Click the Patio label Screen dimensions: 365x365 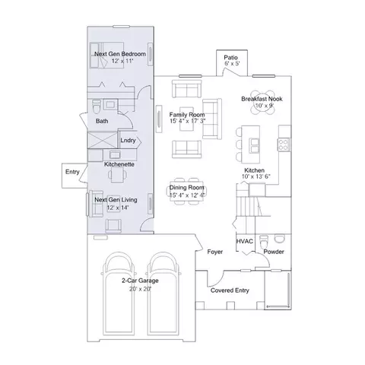click(x=230, y=57)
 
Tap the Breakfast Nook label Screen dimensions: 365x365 click(x=262, y=99)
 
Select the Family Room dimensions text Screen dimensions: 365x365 click(x=188, y=121)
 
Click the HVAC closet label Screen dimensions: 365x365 click(x=245, y=241)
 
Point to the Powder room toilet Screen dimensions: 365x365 click(x=264, y=242)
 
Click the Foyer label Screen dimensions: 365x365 click(x=215, y=252)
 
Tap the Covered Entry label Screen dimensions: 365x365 click(x=230, y=290)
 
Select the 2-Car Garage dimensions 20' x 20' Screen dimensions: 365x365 click(x=140, y=289)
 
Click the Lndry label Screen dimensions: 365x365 click(x=128, y=140)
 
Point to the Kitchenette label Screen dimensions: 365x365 click(x=119, y=164)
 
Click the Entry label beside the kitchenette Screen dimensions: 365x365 click(x=72, y=172)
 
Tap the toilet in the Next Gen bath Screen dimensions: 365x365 click(x=96, y=106)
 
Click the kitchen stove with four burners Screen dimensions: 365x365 click(x=284, y=144)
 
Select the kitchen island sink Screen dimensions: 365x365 click(x=255, y=146)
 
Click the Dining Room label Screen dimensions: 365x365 click(x=187, y=188)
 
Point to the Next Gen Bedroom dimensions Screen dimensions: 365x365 click(x=122, y=61)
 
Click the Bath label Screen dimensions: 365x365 click(x=102, y=121)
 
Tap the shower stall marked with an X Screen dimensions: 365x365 click(x=103, y=140)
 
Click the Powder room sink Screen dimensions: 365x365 click(x=280, y=239)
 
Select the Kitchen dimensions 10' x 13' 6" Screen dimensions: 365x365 click(x=255, y=176)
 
